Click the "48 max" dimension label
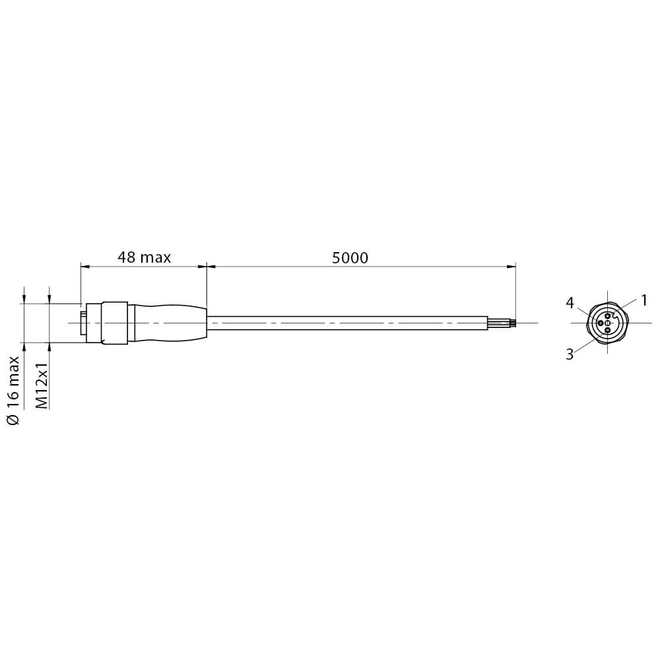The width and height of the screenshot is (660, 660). click(144, 257)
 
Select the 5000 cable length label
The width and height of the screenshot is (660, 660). click(350, 257)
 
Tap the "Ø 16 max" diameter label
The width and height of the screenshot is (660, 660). click(13, 390)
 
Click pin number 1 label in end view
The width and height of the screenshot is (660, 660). click(643, 300)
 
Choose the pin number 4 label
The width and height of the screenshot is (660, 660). click(570, 303)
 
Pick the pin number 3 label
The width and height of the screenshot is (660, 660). click(570, 354)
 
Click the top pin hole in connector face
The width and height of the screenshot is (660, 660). click(607, 315)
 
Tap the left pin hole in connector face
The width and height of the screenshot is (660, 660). click(600, 323)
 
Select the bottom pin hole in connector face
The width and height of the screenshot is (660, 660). click(607, 331)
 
